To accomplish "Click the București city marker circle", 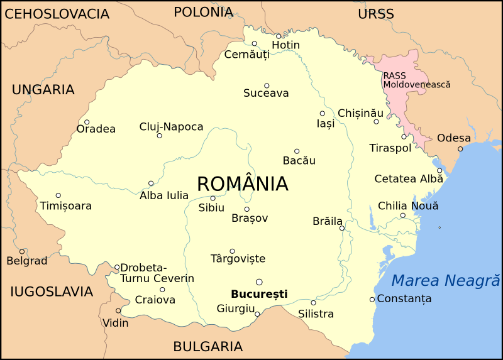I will (x=259, y=282).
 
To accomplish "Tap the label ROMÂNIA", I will (x=243, y=184).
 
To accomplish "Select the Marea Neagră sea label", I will (x=445, y=281).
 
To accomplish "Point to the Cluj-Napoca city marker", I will (x=159, y=136).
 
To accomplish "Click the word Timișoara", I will (x=66, y=206).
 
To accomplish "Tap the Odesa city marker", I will (x=460, y=149).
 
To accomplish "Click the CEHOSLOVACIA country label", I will (x=57, y=14).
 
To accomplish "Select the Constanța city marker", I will (x=372, y=299).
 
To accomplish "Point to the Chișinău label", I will (x=360, y=113).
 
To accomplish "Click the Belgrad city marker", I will (x=22, y=251).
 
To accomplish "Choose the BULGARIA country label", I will (x=207, y=346).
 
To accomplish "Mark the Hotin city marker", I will (x=279, y=36).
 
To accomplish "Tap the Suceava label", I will (x=266, y=94).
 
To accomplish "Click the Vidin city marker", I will (x=118, y=311).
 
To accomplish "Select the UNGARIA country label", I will (x=43, y=90).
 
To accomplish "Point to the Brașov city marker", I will (x=246, y=209).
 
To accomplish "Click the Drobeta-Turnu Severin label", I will (x=157, y=273).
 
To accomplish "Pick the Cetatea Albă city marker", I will (x=439, y=170).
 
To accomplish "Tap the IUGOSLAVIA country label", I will (x=52, y=292).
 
